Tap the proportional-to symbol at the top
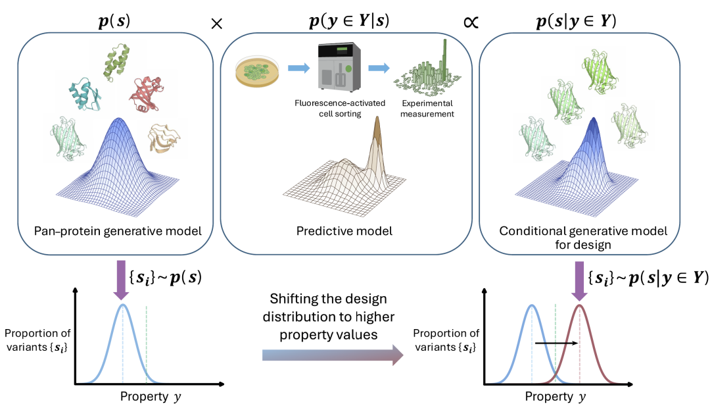pos(469,22)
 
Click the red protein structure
pos(151,91)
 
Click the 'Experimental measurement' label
pos(424,108)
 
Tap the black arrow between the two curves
pos(556,343)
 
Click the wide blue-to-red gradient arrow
pos(332,356)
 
